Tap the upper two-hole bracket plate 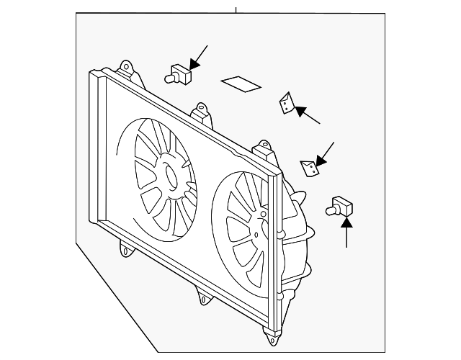tap(287, 104)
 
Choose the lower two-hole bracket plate tap(310, 168)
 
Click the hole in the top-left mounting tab tap(128, 68)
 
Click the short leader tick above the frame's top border tap(236, 9)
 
